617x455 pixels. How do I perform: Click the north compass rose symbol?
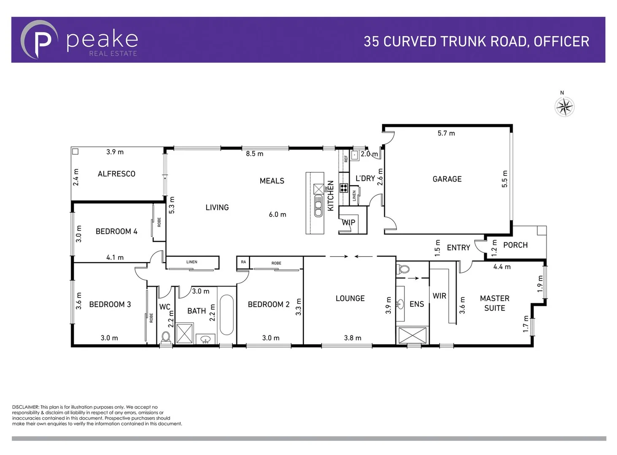pos(564,107)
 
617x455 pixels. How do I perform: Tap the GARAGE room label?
pos(447,179)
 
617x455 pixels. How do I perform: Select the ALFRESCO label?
pos(116,174)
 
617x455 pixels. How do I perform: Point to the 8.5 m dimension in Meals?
pos(254,154)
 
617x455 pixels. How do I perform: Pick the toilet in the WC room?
pos(166,337)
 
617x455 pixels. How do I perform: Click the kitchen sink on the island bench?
pos(318,207)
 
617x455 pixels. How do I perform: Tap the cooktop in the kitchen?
pos(344,188)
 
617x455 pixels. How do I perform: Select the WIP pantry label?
pos(348,222)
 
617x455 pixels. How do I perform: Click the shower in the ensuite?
pos(412,335)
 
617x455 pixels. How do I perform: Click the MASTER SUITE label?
pos(494,303)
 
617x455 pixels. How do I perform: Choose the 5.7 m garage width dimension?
pos(446,133)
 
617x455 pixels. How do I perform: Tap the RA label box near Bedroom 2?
pos(243,262)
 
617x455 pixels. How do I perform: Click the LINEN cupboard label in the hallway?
pos(191,262)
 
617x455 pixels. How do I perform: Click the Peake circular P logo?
pos(39,40)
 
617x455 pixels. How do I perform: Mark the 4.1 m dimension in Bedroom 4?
pos(115,257)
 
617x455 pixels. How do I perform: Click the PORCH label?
pos(515,245)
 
